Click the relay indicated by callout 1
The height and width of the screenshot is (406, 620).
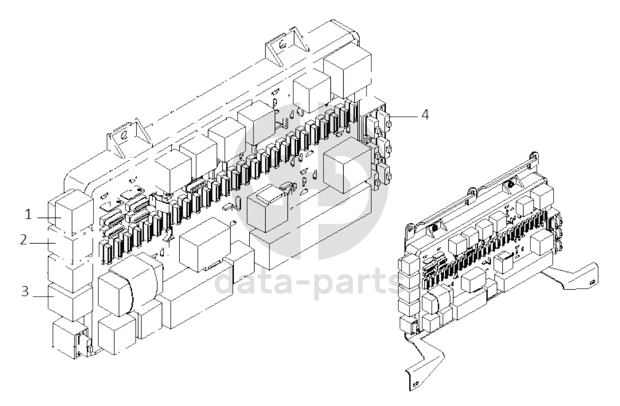point(65,214)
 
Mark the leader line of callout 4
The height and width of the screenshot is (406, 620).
point(403,115)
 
